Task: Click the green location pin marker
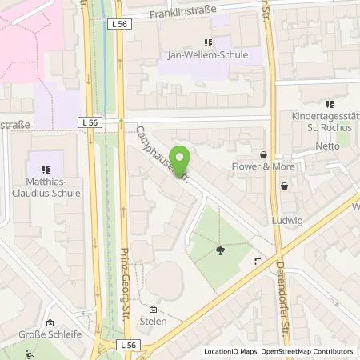click(x=182, y=162)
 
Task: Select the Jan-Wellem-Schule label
click(x=208, y=55)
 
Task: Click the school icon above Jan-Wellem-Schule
click(x=208, y=42)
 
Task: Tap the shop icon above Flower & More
click(x=263, y=154)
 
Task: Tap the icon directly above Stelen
click(x=153, y=310)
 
